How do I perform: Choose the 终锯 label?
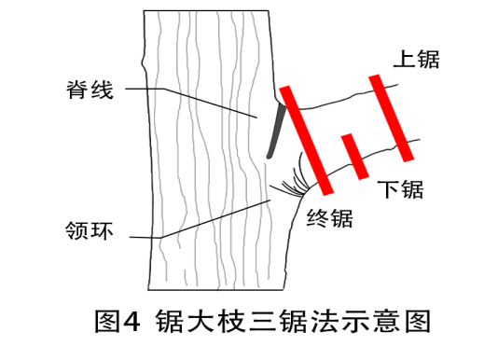pos(329,220)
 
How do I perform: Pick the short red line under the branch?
pos(353,155)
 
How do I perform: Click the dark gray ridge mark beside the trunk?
pos(273,132)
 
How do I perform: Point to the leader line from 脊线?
pos(196,102)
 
